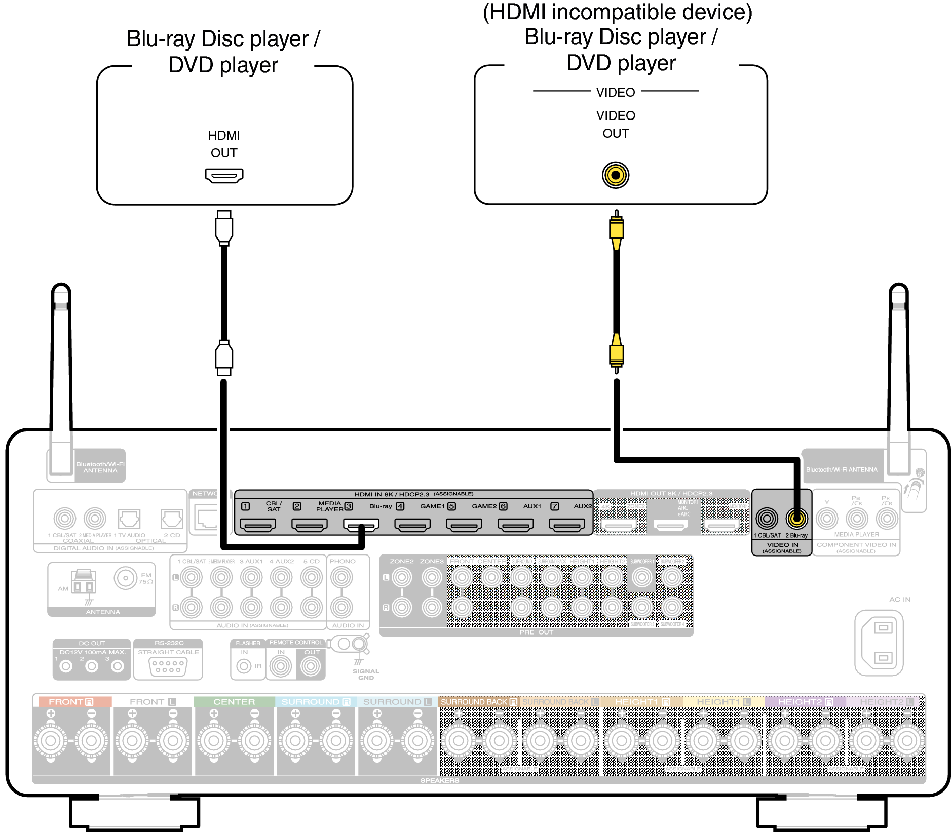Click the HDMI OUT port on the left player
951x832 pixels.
(224, 176)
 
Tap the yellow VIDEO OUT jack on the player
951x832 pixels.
(615, 175)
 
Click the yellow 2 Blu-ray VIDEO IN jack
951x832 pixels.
(796, 518)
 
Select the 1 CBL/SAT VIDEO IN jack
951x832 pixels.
(767, 518)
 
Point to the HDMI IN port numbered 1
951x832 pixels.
(258, 526)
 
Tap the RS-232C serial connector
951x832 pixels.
(168, 666)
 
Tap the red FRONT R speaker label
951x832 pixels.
(71, 702)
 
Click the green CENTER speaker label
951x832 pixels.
(234, 702)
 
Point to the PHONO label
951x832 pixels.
(343, 561)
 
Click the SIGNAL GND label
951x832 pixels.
(366, 675)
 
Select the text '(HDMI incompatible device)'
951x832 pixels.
(617, 12)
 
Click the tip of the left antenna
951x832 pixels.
(61, 288)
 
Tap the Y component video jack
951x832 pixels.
(827, 519)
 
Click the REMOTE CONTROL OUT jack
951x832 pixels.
(311, 666)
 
